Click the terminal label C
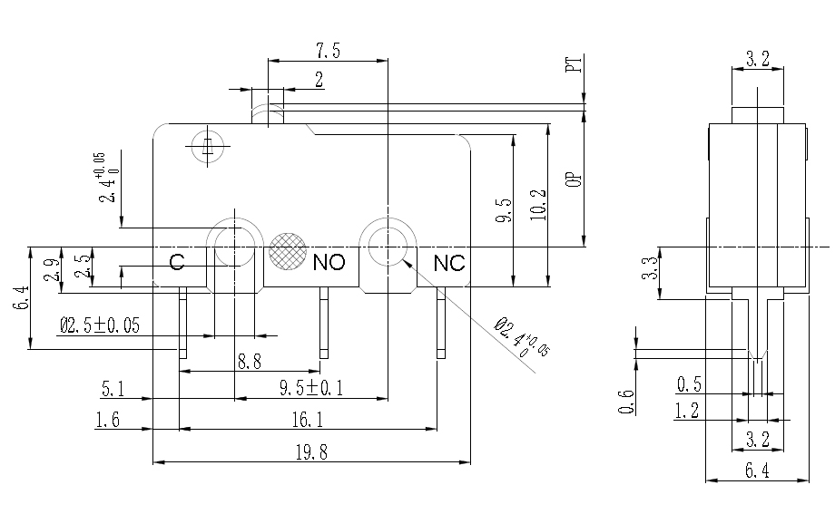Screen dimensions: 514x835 (x=178, y=263)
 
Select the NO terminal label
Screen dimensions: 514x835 (x=329, y=263)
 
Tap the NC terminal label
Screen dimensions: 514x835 (x=448, y=263)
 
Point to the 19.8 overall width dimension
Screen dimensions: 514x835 (x=310, y=453)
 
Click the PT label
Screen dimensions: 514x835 (x=573, y=65)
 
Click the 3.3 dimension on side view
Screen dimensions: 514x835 (x=650, y=269)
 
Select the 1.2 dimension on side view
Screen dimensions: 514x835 (x=686, y=412)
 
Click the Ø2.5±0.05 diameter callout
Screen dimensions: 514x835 (x=100, y=326)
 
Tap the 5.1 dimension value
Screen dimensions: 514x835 (x=113, y=390)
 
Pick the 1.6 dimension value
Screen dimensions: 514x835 (x=108, y=419)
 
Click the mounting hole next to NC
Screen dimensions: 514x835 (x=388, y=243)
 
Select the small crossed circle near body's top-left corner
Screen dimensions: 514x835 (x=208, y=147)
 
